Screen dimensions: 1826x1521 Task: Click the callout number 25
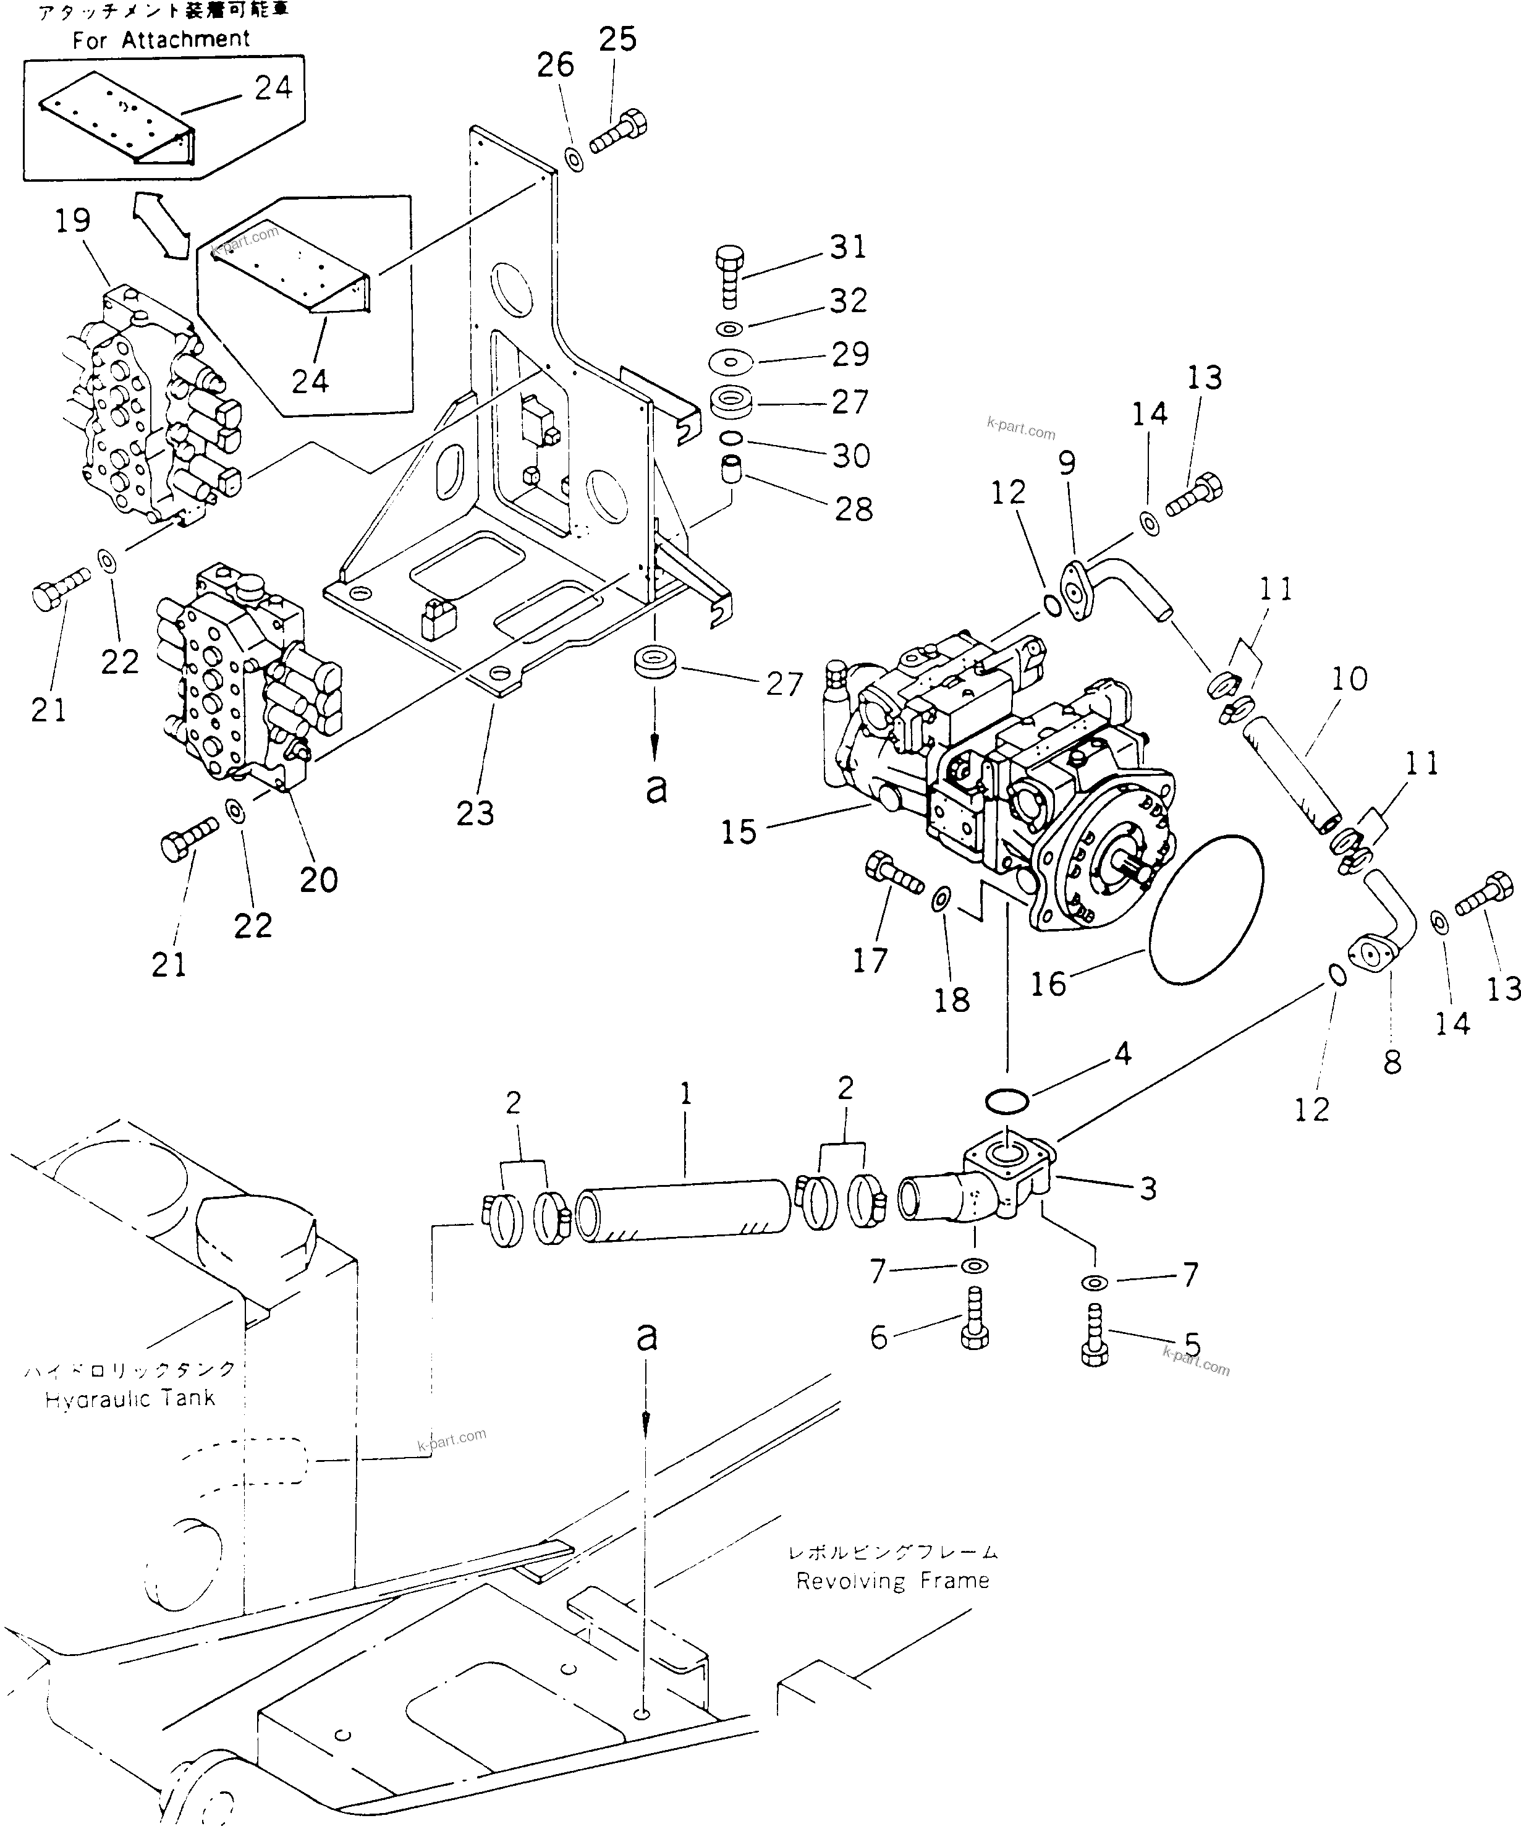[x=618, y=38]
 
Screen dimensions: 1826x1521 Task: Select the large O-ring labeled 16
[x=1205, y=909]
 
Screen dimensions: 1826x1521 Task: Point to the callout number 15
[x=739, y=831]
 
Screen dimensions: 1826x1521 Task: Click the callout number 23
[x=475, y=813]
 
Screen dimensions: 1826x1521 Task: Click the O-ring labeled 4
[x=1007, y=1102]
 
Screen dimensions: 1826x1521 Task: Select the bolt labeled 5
[x=1095, y=1339]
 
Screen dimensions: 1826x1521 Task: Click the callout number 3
[x=1148, y=1189]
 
